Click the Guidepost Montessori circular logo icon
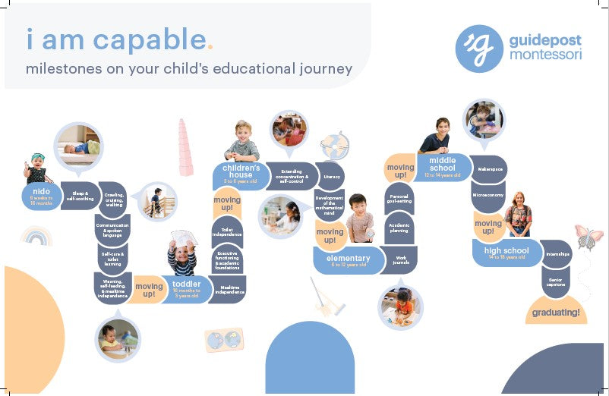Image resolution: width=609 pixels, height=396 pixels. (x=479, y=49)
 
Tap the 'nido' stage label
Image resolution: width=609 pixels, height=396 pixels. (x=41, y=196)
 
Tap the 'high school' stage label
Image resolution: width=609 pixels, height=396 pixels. (x=506, y=253)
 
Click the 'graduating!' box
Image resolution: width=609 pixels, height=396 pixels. (x=556, y=312)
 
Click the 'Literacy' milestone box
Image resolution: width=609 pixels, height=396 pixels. (x=332, y=176)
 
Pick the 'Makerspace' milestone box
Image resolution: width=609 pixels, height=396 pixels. (x=488, y=169)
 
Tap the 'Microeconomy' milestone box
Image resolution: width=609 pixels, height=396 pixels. (x=488, y=195)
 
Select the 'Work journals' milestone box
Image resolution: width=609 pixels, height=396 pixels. (x=401, y=260)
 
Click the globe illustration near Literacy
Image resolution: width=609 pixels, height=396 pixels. (x=334, y=146)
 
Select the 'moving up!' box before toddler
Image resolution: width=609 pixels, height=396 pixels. (x=149, y=289)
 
